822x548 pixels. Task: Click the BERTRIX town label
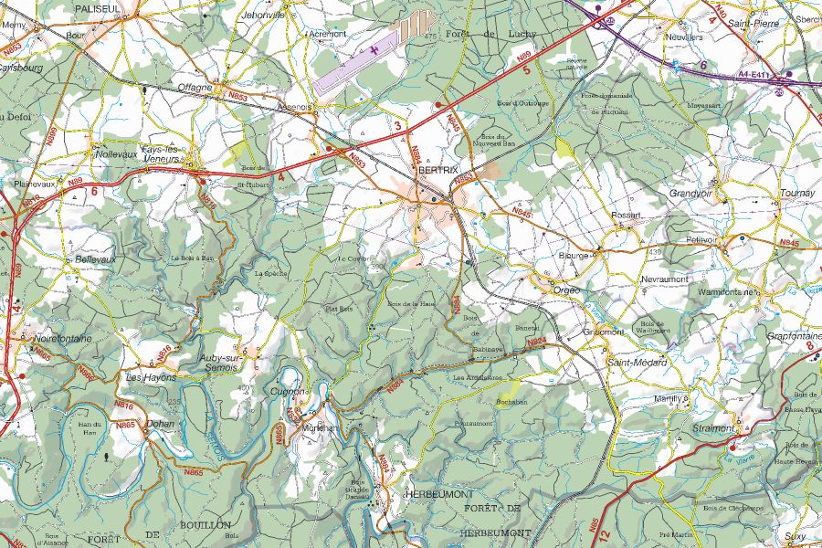coord(437,171)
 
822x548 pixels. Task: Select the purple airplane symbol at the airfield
coord(372,49)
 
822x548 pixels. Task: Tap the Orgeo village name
coord(566,290)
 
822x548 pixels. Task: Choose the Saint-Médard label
coord(637,363)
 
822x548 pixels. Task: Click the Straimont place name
coord(714,427)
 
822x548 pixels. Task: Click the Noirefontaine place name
coord(62,339)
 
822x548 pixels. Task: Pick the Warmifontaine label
coord(729,292)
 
